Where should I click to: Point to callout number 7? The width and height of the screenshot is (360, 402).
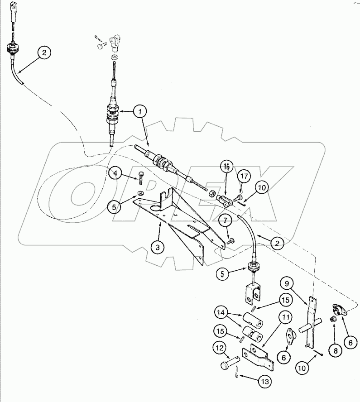226,221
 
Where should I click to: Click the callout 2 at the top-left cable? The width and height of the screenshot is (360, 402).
44,53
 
